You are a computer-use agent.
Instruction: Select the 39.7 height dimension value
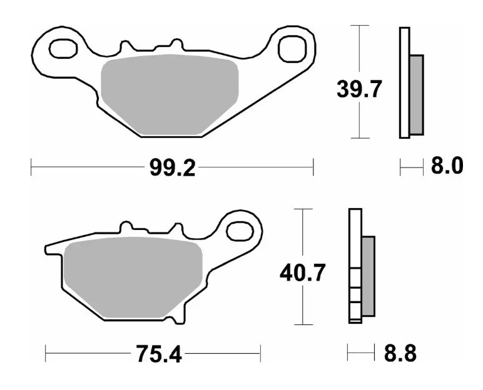click(x=358, y=91)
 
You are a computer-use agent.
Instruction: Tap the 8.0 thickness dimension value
click(x=446, y=166)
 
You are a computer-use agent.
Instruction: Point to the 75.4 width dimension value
click(x=158, y=354)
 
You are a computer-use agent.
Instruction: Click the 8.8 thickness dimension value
click(x=400, y=354)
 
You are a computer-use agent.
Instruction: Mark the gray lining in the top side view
click(x=416, y=94)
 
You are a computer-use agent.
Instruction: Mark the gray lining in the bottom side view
click(x=368, y=275)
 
